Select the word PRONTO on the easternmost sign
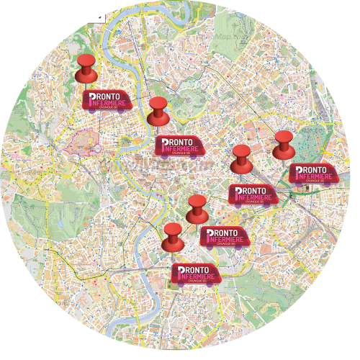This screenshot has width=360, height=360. (315, 168)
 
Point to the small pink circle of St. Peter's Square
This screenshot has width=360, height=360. (96, 148)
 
